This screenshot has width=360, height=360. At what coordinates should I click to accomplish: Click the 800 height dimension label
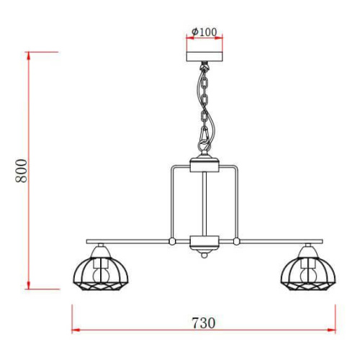point(22,171)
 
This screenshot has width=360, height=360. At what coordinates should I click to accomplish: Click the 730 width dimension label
point(204,323)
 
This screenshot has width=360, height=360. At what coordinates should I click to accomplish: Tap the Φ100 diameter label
point(204,32)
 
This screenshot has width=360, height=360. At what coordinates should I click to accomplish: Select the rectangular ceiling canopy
point(204,57)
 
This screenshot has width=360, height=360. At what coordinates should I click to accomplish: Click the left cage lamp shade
point(101,274)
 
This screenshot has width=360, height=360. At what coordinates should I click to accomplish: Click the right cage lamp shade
point(308,274)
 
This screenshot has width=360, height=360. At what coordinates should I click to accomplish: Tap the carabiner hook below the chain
point(204,138)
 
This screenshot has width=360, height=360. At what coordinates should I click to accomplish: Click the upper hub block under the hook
point(204,165)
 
